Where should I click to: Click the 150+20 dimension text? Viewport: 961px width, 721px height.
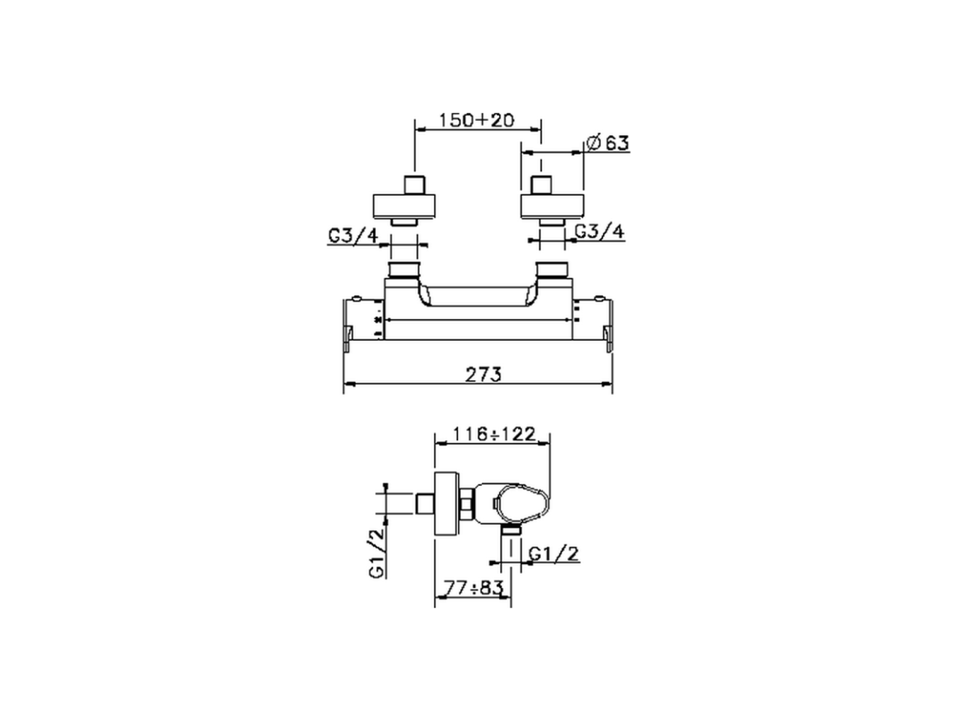[477, 120]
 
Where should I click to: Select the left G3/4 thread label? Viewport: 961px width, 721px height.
[353, 235]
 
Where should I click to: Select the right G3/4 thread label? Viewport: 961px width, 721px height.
[599, 231]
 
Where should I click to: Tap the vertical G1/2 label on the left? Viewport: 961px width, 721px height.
[377, 551]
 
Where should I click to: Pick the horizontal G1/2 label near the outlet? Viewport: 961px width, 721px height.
[554, 554]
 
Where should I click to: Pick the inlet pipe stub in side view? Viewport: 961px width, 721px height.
[426, 504]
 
